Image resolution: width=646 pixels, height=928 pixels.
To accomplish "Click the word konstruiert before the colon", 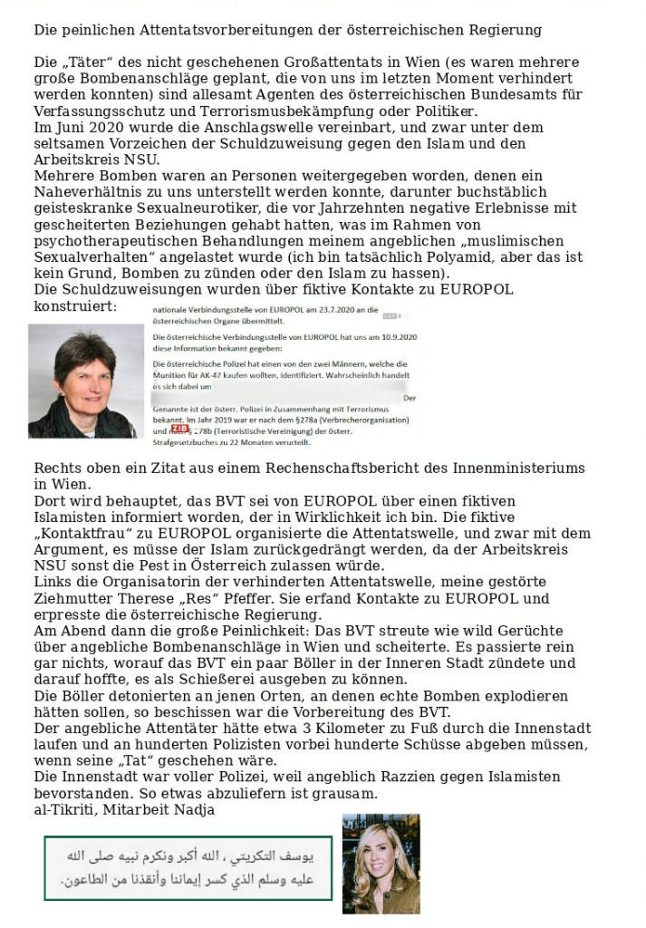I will [75, 307].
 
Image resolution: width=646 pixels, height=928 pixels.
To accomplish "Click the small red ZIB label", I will [179, 429].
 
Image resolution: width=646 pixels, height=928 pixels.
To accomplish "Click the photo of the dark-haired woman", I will [86, 381].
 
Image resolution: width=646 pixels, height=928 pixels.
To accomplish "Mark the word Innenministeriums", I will [523, 469].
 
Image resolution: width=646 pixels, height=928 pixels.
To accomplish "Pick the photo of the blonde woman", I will [381, 863].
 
